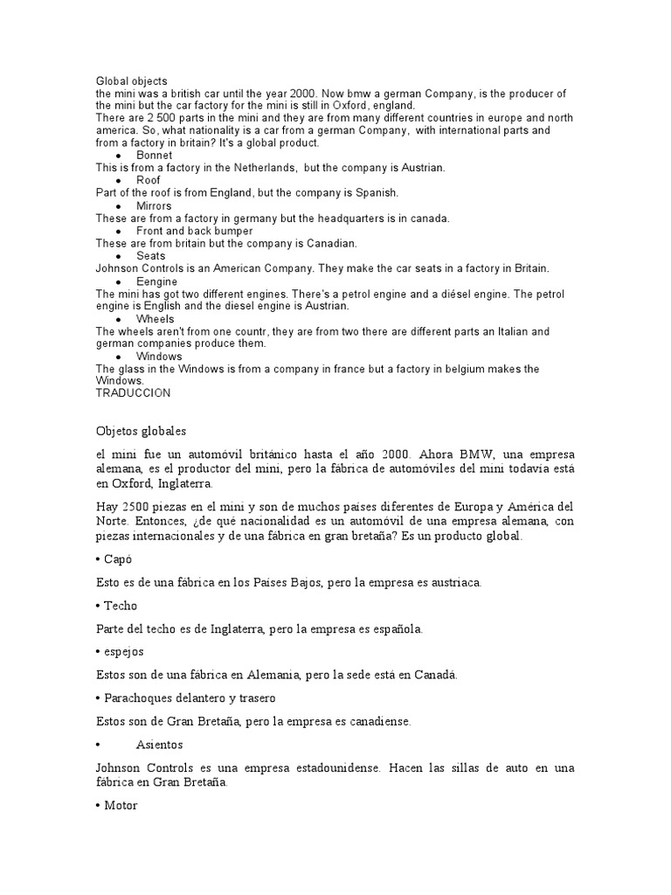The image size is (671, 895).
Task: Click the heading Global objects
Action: point(131,81)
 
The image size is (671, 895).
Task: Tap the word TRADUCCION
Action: point(133,393)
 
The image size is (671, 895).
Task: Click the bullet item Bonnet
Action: point(155,156)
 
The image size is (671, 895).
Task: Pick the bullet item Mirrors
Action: point(156,205)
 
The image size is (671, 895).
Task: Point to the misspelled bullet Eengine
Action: point(157,281)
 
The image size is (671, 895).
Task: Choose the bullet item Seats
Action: point(151,256)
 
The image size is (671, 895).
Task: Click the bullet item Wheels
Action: point(156,319)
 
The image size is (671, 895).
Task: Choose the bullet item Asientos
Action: point(160,745)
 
